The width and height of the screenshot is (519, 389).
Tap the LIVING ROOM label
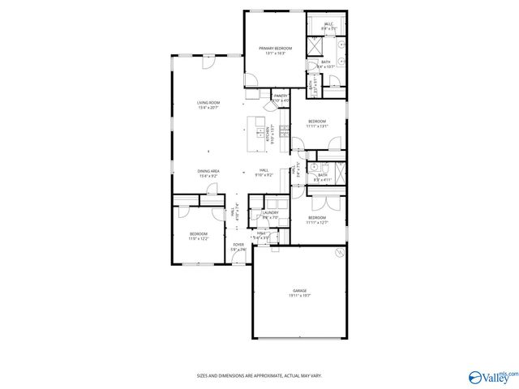point(208,102)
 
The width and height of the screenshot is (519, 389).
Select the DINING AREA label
point(208,171)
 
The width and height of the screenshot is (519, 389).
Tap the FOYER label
point(238,244)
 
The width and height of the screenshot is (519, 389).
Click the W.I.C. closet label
point(329,24)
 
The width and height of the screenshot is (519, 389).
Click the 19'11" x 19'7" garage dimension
point(300,296)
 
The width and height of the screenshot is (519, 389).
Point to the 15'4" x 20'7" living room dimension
point(208,108)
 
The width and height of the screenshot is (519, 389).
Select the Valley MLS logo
point(492,376)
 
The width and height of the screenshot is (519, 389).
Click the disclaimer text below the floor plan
point(259,375)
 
